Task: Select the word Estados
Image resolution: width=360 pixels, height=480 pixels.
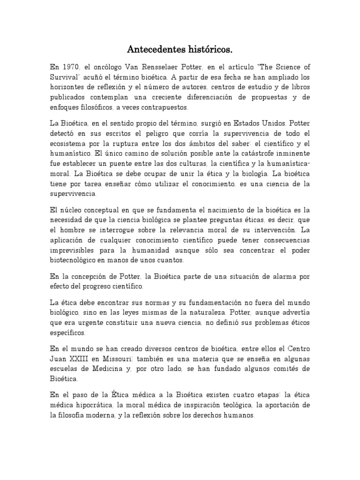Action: tap(227, 123)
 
